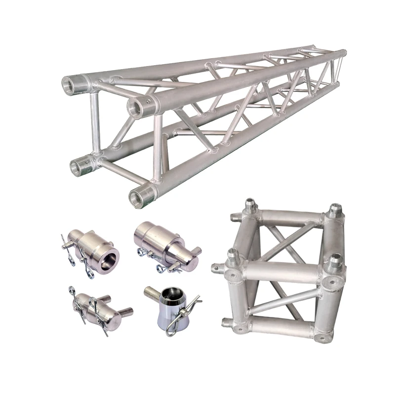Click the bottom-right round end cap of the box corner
click(x=323, y=337)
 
